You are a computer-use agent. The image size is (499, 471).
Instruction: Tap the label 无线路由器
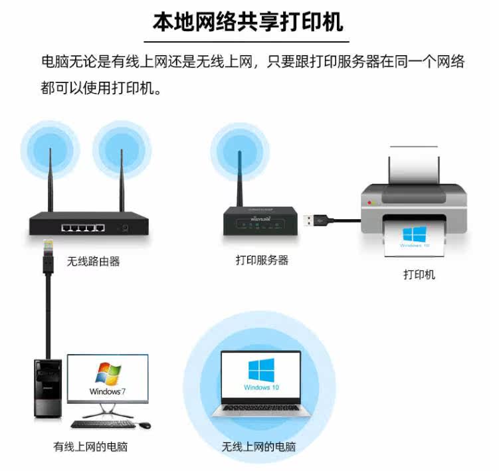coord(93,261)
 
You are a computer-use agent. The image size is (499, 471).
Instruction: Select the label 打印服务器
coord(262,260)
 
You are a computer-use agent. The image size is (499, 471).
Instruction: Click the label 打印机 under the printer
coord(419,274)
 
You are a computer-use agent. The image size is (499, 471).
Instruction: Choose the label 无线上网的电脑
coord(258,447)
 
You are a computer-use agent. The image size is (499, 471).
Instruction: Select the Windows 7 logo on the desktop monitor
coord(108,375)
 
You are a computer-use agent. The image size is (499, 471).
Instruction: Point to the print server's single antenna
coord(240,176)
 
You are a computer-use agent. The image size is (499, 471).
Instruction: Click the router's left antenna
coord(50,179)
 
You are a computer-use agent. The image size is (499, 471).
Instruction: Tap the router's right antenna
coord(122,179)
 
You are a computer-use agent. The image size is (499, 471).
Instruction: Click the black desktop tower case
coord(49,388)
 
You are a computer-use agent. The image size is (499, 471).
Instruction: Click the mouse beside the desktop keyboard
coord(145,424)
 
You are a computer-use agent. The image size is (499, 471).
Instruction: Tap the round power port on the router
coord(123,229)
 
